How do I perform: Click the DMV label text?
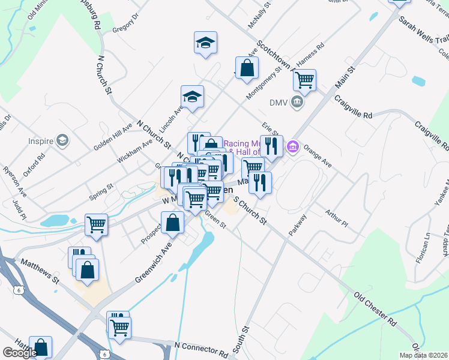278,103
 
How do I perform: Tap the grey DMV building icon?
297,103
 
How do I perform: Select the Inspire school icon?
62,141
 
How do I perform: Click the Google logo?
20,352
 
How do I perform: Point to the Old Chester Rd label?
376,310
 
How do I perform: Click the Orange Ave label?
318,154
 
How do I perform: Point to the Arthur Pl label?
336,219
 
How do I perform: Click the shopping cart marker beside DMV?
305,80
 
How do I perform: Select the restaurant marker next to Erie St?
271,146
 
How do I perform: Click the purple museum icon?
294,146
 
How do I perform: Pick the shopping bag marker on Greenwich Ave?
173,223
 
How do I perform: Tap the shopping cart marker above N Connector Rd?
120,328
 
